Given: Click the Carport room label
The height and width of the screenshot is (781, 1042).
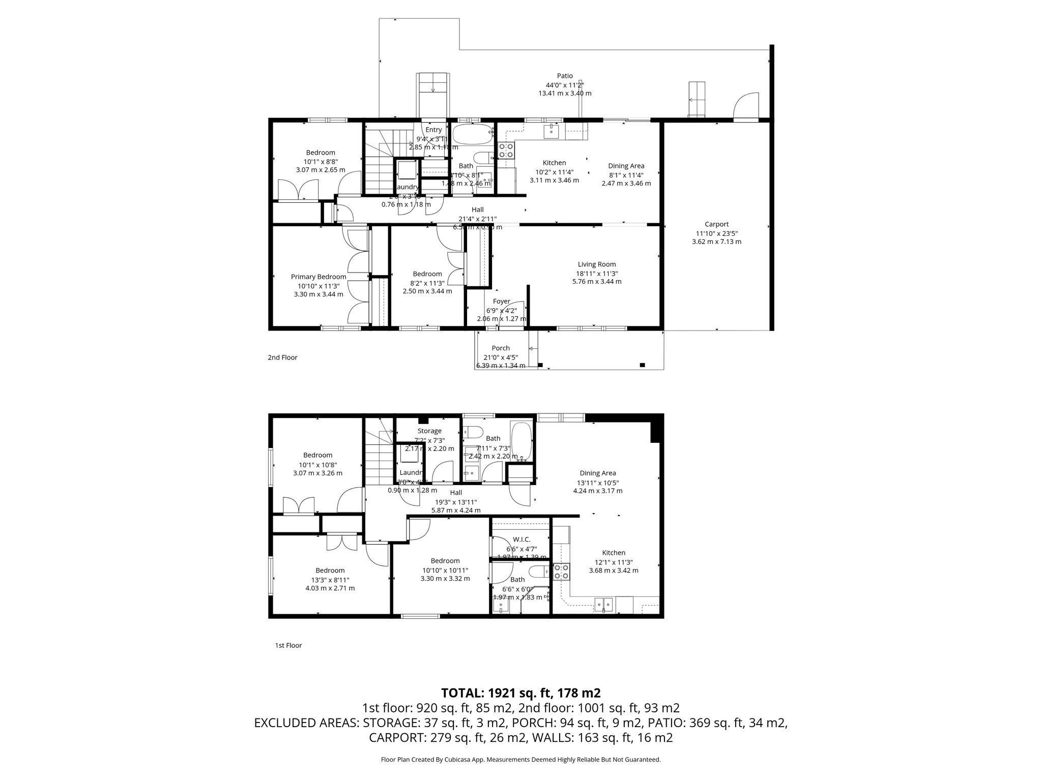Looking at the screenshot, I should [x=716, y=224].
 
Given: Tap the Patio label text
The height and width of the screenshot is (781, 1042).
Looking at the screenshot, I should [x=565, y=76].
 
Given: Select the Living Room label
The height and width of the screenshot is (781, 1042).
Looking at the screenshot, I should [x=596, y=264].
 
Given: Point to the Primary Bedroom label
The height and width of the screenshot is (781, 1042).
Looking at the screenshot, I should [x=319, y=277].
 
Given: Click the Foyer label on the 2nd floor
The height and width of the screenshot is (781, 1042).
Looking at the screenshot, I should [x=501, y=302].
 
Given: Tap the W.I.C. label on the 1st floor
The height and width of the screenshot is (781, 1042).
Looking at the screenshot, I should [x=522, y=539].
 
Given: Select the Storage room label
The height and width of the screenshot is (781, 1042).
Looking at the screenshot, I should [x=429, y=431].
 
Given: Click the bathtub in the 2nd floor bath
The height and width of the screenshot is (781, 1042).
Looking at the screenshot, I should [x=473, y=135].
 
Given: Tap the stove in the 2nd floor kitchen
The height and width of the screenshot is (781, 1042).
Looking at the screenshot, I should [x=506, y=149].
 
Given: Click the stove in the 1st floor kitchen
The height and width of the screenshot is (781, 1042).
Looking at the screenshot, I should [x=561, y=572].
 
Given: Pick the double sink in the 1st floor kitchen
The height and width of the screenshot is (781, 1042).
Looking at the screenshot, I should [x=604, y=604].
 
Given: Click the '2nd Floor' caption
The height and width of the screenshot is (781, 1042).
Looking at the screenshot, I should [x=282, y=357].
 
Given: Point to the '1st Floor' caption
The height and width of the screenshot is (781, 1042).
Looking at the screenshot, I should [x=288, y=645].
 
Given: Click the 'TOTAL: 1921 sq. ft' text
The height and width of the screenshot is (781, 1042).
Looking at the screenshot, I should [x=521, y=693].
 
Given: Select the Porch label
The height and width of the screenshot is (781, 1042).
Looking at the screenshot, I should [x=501, y=348].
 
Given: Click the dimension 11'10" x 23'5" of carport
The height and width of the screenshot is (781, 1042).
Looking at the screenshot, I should [x=716, y=233].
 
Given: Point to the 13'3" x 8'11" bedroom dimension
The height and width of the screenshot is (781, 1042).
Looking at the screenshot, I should [x=330, y=580].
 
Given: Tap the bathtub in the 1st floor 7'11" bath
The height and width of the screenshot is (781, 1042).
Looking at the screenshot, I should [x=522, y=440].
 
